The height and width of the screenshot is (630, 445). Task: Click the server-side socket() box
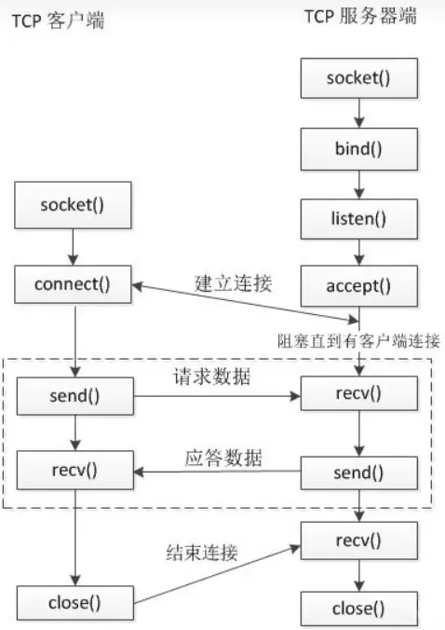pos(359,78)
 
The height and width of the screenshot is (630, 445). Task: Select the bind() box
pos(359,149)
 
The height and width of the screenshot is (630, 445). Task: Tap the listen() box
pos(359,219)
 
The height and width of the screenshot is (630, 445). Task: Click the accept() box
pos(359,286)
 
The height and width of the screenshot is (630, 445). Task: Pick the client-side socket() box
pos(73,205)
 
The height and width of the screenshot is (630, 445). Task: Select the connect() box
pos(73,284)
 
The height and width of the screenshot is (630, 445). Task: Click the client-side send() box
pos(75,396)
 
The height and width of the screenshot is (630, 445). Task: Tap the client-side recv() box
pos(75,470)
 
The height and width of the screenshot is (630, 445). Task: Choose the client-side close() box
pos(75,603)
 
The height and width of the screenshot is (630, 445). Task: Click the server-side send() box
pos(359,472)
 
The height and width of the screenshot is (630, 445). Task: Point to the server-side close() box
pos(359,609)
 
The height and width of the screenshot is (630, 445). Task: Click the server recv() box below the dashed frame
pos(359,541)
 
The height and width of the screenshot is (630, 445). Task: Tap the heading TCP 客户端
pos(58,21)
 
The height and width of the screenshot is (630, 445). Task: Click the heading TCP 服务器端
pos(360,17)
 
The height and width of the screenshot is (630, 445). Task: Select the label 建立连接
pos(233,283)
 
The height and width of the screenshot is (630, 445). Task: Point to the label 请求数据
pos(212,377)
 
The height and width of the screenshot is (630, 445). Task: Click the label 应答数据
pos(223,458)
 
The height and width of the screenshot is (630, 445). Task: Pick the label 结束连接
pos(202,553)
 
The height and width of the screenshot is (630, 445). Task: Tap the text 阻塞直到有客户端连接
pos(358,341)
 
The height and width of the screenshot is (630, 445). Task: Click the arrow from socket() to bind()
pos(359,114)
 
